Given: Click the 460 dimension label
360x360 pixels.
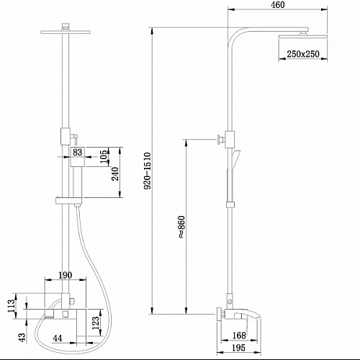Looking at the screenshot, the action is [x=278, y=5].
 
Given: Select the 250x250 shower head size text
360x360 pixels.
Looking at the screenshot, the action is [x=303, y=54].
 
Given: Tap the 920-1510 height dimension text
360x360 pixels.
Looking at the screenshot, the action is [x=148, y=171].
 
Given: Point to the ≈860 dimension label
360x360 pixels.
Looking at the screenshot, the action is [x=182, y=227].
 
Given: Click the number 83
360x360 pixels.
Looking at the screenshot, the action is [x=77, y=152].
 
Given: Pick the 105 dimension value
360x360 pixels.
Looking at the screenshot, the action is [x=104, y=156].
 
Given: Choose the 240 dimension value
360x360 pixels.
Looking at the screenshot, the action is [x=115, y=174].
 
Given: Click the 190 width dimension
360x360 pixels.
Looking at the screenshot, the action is [x=66, y=275].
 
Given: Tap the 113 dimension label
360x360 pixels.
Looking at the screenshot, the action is [x=12, y=306].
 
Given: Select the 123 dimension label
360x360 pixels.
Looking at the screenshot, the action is [x=95, y=323].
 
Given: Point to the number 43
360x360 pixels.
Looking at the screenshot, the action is [x=22, y=337].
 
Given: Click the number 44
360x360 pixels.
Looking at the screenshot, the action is [x=58, y=338].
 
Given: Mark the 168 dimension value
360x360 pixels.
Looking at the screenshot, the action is [x=239, y=336].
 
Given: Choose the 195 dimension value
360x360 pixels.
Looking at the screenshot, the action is [x=239, y=348].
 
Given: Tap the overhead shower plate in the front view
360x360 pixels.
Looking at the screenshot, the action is [x=66, y=32].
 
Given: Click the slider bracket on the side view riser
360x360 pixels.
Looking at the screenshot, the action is [x=230, y=204].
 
